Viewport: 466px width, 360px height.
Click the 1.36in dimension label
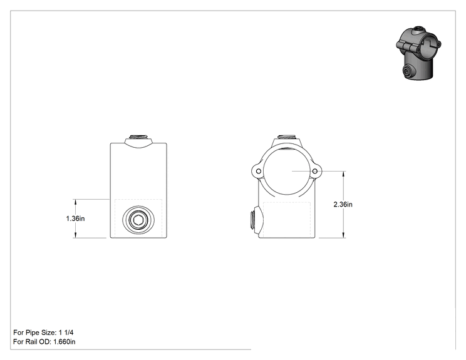click(x=75, y=219)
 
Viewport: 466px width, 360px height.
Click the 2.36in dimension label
click(x=343, y=204)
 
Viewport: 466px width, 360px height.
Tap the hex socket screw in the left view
click(x=138, y=220)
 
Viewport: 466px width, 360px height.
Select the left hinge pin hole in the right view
click(x=258, y=172)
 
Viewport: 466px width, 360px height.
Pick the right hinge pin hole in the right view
click(x=315, y=172)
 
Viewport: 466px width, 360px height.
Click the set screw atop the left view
click(x=138, y=137)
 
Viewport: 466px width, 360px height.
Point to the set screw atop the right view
click(x=287, y=137)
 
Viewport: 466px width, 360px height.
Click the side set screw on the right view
click(x=252, y=219)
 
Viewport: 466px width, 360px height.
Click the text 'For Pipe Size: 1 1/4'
click(x=43, y=332)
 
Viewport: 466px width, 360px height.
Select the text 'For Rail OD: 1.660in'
click(x=44, y=342)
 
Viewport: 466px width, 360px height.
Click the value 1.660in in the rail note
click(x=65, y=342)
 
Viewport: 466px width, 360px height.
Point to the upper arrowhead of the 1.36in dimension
click(x=76, y=202)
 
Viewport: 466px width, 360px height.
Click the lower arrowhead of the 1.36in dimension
click(x=76, y=235)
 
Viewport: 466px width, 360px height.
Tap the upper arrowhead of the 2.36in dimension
click(x=344, y=174)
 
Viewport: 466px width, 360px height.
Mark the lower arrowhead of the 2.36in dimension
click(x=344, y=235)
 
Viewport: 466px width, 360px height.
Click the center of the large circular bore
click(x=287, y=171)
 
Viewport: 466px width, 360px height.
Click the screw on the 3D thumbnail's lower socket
click(x=406, y=71)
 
